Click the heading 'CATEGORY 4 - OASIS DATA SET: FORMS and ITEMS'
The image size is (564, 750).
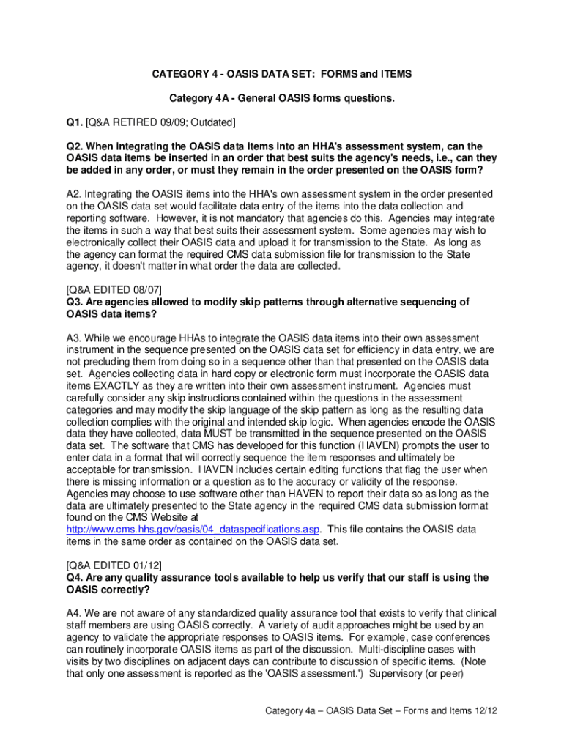click(x=281, y=74)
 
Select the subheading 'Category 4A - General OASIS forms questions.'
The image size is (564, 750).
click(x=281, y=97)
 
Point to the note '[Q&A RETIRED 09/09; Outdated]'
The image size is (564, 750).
click(x=160, y=122)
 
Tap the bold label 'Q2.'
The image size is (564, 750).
click(x=75, y=146)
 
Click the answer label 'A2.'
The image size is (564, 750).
click(x=75, y=194)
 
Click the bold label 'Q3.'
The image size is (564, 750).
click(x=75, y=302)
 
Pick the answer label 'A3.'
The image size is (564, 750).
click(x=75, y=338)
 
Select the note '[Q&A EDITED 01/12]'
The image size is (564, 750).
click(x=114, y=565)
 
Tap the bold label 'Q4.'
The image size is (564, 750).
click(x=75, y=577)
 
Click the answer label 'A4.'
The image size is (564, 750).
click(x=75, y=613)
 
